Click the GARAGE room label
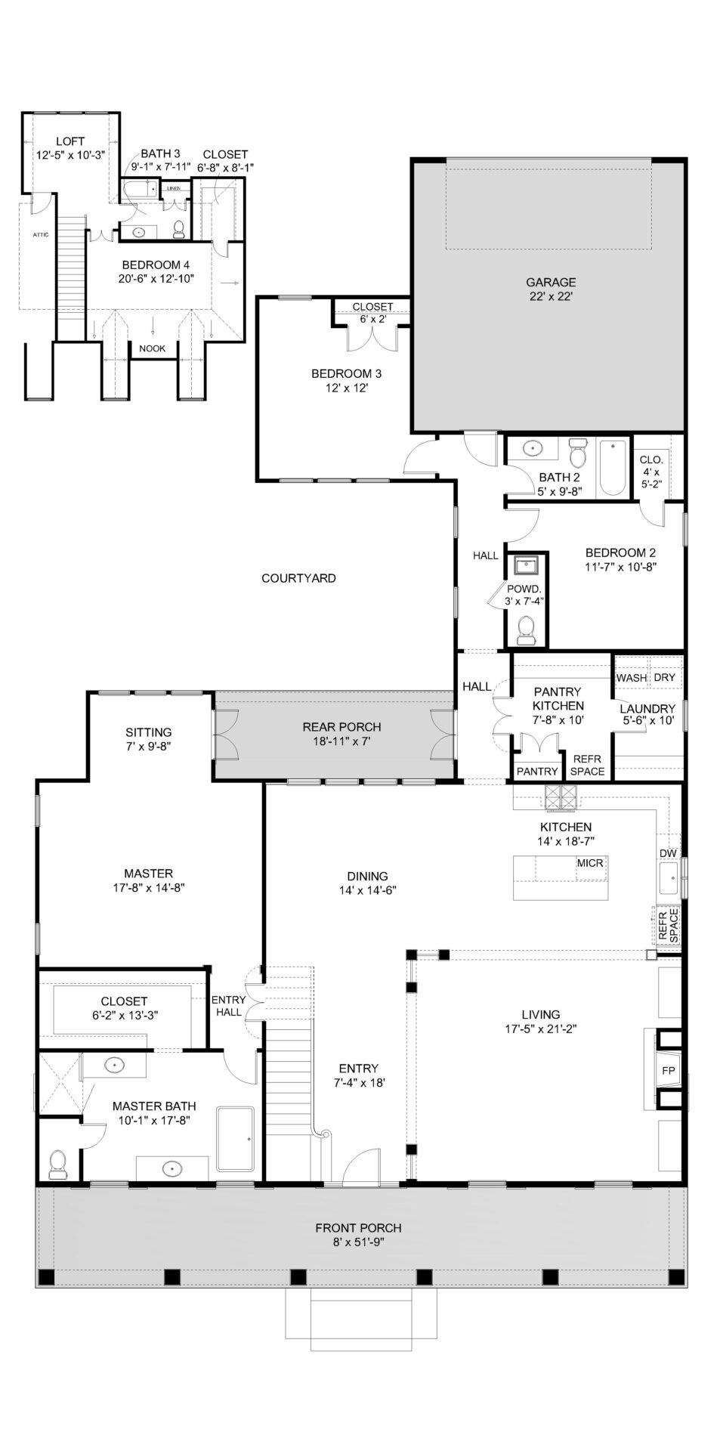(x=551, y=283)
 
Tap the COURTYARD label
(x=298, y=578)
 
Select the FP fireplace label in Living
(x=668, y=1071)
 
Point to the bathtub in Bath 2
(x=613, y=468)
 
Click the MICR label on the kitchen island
(x=590, y=862)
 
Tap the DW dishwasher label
(x=668, y=853)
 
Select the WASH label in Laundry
(x=632, y=678)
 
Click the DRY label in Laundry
(x=664, y=678)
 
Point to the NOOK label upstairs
(x=153, y=348)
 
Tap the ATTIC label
(x=41, y=235)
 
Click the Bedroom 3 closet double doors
(x=371, y=339)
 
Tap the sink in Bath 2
(x=533, y=449)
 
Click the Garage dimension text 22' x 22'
(x=551, y=297)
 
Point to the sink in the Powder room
(x=524, y=565)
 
